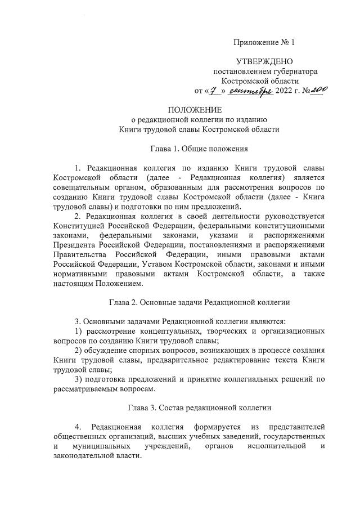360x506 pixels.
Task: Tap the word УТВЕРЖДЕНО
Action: [x=264, y=61]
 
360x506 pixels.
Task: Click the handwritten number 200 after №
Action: [x=318, y=89]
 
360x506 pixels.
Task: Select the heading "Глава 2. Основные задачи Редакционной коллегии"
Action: [x=199, y=302]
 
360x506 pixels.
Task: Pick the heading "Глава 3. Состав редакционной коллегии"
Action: [x=199, y=408]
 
